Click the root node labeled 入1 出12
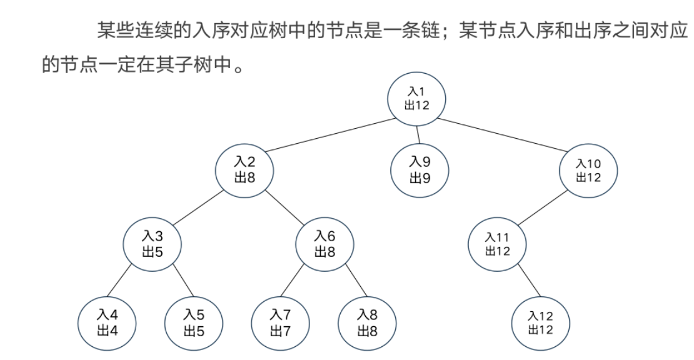coord(417,98)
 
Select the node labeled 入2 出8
coord(244,169)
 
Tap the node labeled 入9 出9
coord(420,169)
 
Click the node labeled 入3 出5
coord(152,244)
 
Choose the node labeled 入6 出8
coord(324,244)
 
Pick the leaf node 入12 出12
coord(541,322)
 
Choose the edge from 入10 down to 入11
coord(543,207)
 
